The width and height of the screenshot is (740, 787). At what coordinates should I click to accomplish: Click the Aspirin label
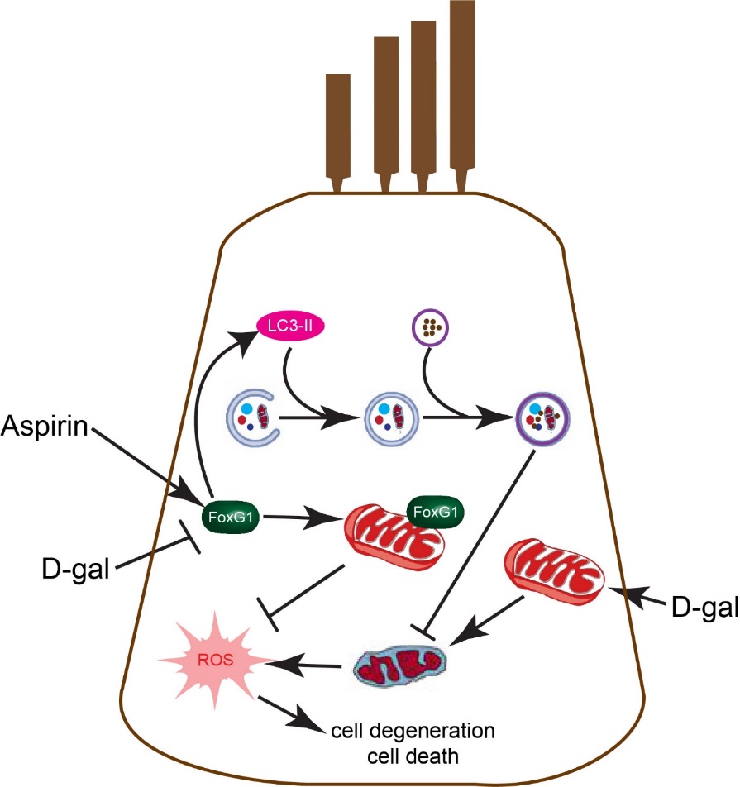[49, 427]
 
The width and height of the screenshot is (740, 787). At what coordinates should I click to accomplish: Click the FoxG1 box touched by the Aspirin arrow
[227, 519]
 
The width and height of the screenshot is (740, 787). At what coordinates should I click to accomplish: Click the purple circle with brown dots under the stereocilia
[429, 328]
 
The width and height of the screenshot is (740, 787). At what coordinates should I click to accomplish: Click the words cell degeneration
[413, 732]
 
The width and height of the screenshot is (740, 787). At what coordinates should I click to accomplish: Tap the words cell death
[413, 755]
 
